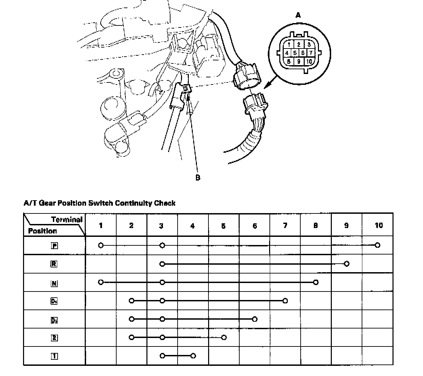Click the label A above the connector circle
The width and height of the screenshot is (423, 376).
(x=298, y=15)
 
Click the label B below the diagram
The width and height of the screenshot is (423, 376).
(x=198, y=177)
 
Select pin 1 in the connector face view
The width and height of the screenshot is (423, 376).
(x=289, y=44)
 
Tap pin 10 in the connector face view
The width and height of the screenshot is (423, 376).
(x=309, y=61)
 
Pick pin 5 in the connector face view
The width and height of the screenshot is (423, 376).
(x=295, y=53)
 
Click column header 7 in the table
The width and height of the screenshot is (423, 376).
(x=285, y=225)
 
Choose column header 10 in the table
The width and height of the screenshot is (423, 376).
(x=378, y=225)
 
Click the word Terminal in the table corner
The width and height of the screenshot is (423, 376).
(x=67, y=220)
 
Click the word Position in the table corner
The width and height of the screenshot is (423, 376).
(x=42, y=231)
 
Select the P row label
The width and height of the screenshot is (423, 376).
(x=54, y=246)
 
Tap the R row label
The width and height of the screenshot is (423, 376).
(x=54, y=264)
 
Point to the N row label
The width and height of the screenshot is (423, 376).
(x=54, y=283)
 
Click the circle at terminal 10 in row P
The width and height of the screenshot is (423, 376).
(x=378, y=245)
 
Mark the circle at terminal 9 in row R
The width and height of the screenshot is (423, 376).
(x=346, y=264)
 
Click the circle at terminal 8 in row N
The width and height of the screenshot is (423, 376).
(x=316, y=282)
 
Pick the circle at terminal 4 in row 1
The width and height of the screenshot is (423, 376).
(x=193, y=356)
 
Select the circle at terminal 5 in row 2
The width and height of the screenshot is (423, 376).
(x=224, y=337)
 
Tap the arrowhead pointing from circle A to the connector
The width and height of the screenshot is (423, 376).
(x=266, y=87)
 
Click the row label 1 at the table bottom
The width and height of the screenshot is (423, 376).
(x=54, y=356)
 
